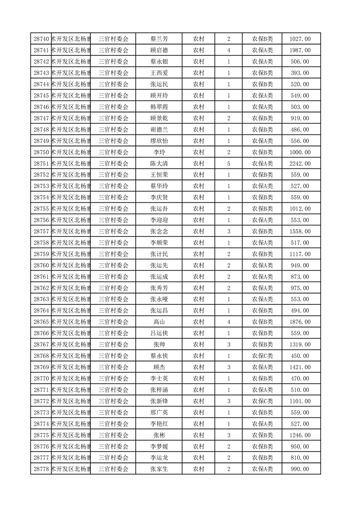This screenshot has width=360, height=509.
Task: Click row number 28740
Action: [41, 39]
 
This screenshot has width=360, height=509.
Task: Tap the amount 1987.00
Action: [300, 50]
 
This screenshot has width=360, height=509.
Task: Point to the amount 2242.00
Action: [300, 163]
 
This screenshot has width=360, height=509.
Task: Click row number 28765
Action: [41, 322]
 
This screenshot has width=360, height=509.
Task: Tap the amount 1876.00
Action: [300, 322]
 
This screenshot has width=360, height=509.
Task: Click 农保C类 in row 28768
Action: [262, 356]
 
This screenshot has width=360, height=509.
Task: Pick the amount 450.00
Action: [300, 356]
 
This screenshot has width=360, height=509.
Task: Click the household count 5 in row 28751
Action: [228, 163]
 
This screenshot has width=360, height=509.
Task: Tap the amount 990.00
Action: [300, 469]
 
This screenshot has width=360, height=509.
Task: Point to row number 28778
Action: [41, 469]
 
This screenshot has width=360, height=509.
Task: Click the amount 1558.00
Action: [300, 231]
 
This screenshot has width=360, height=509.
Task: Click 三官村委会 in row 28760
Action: [113, 265]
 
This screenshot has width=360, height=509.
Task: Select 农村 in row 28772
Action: [198, 401]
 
